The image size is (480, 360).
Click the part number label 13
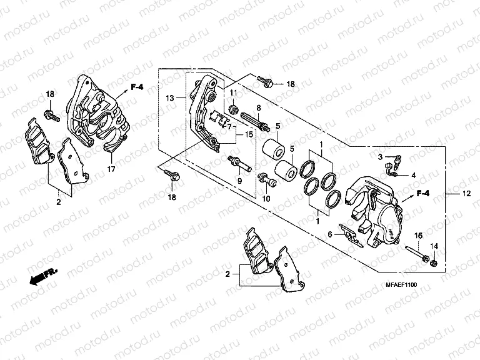(x=169, y=99)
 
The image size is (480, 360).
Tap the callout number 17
(x=111, y=169)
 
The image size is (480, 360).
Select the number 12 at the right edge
(x=464, y=195)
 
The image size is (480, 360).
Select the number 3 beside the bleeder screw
(x=379, y=156)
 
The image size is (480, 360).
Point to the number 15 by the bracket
(x=249, y=135)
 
